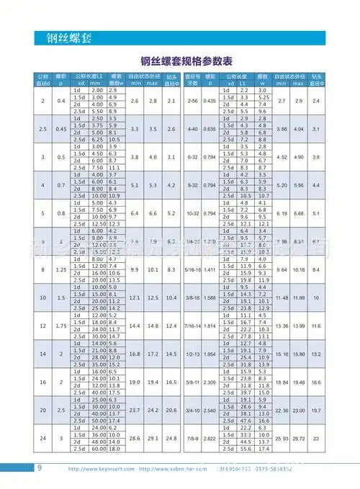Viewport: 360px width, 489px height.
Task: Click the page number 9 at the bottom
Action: [39, 467]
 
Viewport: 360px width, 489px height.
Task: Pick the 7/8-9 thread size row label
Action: [193, 438]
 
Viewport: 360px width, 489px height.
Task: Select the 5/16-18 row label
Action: [193, 269]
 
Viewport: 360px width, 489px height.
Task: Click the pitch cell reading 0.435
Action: [210, 101]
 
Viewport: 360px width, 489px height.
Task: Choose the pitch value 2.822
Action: [210, 438]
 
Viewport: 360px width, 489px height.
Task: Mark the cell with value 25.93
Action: [282, 438]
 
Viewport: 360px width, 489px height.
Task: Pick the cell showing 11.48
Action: [282, 297]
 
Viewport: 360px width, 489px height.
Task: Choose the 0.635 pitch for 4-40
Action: [210, 129]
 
